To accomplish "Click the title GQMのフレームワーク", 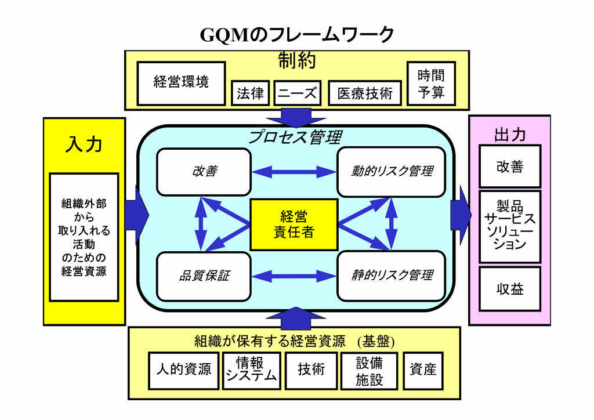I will pyautogui.click(x=297, y=35).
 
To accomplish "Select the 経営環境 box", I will pyautogui.click(x=181, y=83).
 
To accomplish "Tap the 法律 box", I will pyautogui.click(x=250, y=93).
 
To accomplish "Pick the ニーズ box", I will pyautogui.click(x=296, y=93).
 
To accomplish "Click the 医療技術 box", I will pyautogui.click(x=365, y=93).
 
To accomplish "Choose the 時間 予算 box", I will pyautogui.click(x=431, y=83).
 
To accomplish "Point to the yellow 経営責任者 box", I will pyautogui.click(x=294, y=225).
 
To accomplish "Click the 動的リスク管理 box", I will pyautogui.click(x=392, y=172).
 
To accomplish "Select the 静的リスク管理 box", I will pyautogui.click(x=392, y=276).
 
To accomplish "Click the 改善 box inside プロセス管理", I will pyautogui.click(x=204, y=172).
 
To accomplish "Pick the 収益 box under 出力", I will pyautogui.click(x=510, y=288).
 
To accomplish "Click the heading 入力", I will pyautogui.click(x=84, y=144).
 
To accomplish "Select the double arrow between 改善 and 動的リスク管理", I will pyautogui.click(x=294, y=172).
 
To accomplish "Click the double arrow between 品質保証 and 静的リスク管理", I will pyautogui.click(x=294, y=276).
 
